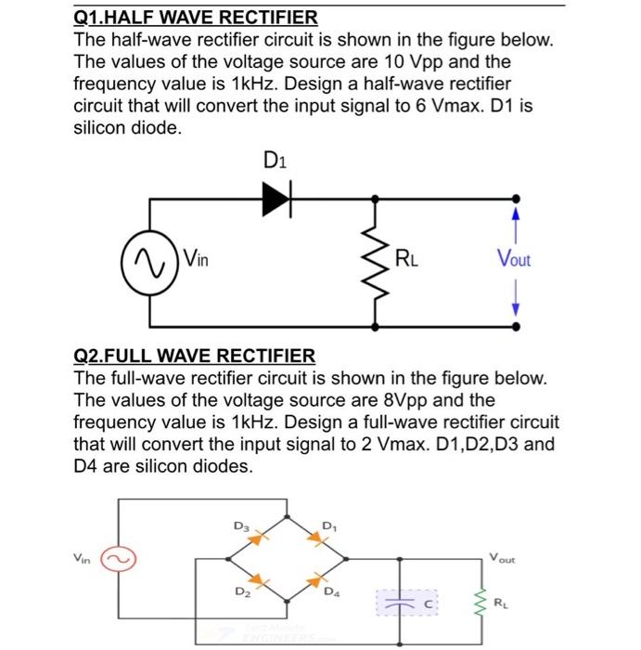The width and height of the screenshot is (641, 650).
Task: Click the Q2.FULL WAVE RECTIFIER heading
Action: [194, 356]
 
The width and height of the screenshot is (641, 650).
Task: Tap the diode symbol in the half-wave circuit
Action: [276, 197]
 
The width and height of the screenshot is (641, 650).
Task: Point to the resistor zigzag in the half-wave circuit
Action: [376, 262]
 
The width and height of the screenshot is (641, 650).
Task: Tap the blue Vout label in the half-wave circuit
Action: [515, 260]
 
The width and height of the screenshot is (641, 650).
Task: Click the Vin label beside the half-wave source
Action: [197, 259]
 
